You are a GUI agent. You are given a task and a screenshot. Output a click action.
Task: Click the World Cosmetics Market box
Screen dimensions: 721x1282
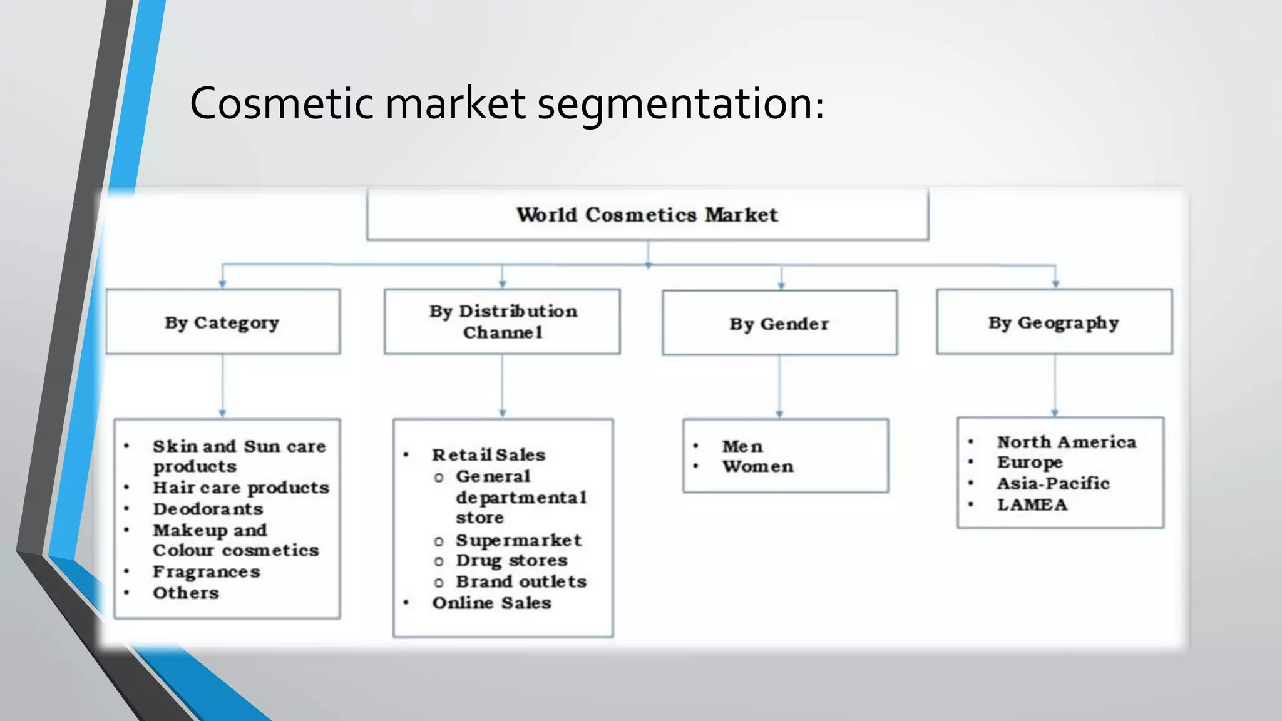click(x=647, y=215)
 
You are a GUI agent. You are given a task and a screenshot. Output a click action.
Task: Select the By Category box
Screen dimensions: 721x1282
click(x=222, y=322)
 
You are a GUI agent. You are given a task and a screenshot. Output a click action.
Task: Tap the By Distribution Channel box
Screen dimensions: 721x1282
click(x=502, y=322)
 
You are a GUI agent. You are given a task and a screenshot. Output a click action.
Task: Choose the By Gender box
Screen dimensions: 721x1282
click(x=779, y=324)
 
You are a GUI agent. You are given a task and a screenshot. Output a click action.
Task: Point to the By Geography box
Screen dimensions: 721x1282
click(x=1054, y=322)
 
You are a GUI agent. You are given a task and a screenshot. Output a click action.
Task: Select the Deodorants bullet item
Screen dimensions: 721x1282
click(x=208, y=509)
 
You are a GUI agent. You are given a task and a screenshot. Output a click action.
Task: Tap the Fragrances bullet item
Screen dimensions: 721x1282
click(x=207, y=572)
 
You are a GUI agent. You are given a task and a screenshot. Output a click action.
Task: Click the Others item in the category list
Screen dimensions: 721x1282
click(x=186, y=593)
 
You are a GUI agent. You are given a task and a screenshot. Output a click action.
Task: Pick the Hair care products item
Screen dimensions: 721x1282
click(x=241, y=488)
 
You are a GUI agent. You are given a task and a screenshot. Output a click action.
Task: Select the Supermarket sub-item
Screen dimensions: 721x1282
click(x=518, y=540)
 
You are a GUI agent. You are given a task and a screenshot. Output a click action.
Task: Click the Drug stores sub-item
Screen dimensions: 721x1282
click(x=511, y=561)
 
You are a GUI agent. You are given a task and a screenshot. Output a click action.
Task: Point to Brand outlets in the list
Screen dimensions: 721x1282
click(x=521, y=582)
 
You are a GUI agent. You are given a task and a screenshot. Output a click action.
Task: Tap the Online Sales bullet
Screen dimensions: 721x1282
click(x=491, y=603)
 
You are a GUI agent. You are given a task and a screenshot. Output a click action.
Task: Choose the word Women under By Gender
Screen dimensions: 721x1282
click(x=757, y=467)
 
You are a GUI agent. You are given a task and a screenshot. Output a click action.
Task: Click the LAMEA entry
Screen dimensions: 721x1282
click(x=1032, y=504)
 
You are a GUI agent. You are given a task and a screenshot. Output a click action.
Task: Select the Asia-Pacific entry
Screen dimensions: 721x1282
click(x=1053, y=483)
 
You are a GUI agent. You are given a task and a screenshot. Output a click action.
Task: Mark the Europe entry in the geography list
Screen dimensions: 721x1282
click(x=1030, y=463)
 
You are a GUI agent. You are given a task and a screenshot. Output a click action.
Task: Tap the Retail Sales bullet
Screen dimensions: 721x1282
click(x=488, y=455)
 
